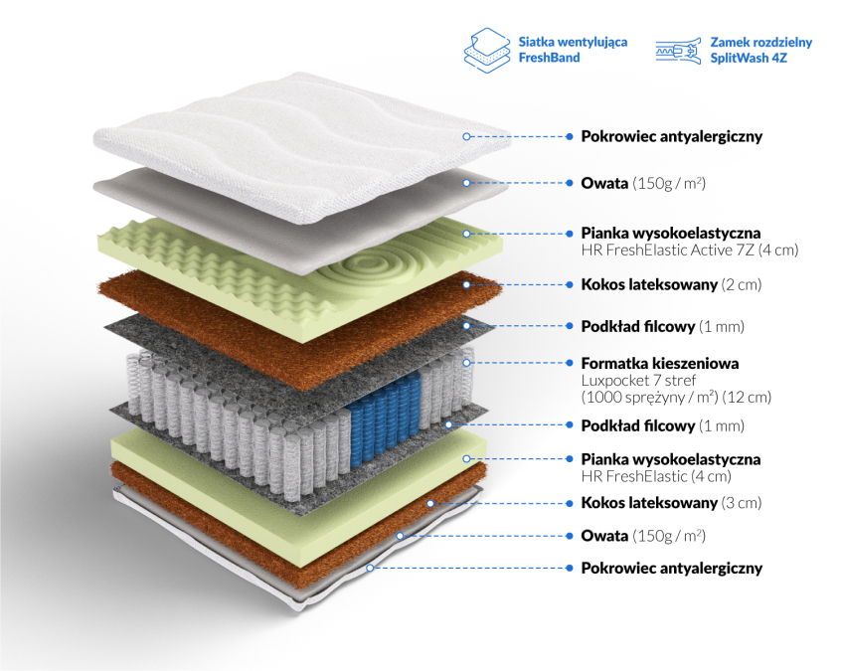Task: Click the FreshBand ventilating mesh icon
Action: (x=487, y=51)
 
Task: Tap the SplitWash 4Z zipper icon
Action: (x=679, y=51)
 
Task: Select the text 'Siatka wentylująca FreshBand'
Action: (x=573, y=50)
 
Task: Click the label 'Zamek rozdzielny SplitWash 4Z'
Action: (x=761, y=50)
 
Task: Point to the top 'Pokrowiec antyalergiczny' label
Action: (x=672, y=136)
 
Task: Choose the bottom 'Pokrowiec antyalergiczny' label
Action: (x=672, y=568)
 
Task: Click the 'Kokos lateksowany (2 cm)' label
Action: (x=671, y=284)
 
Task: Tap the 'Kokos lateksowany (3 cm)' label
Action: (x=671, y=503)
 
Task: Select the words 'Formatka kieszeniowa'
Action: (x=660, y=363)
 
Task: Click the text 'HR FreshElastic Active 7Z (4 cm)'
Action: (x=690, y=250)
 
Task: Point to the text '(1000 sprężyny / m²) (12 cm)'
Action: (x=676, y=398)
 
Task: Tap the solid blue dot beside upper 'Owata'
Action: (x=569, y=183)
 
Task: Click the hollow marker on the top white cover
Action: (x=466, y=137)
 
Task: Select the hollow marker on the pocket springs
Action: (x=466, y=363)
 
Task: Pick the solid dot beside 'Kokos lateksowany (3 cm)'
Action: (x=569, y=503)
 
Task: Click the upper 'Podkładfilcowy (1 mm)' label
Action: (x=662, y=326)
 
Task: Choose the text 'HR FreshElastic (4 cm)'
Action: (x=656, y=476)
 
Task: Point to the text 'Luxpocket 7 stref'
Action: (x=638, y=381)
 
